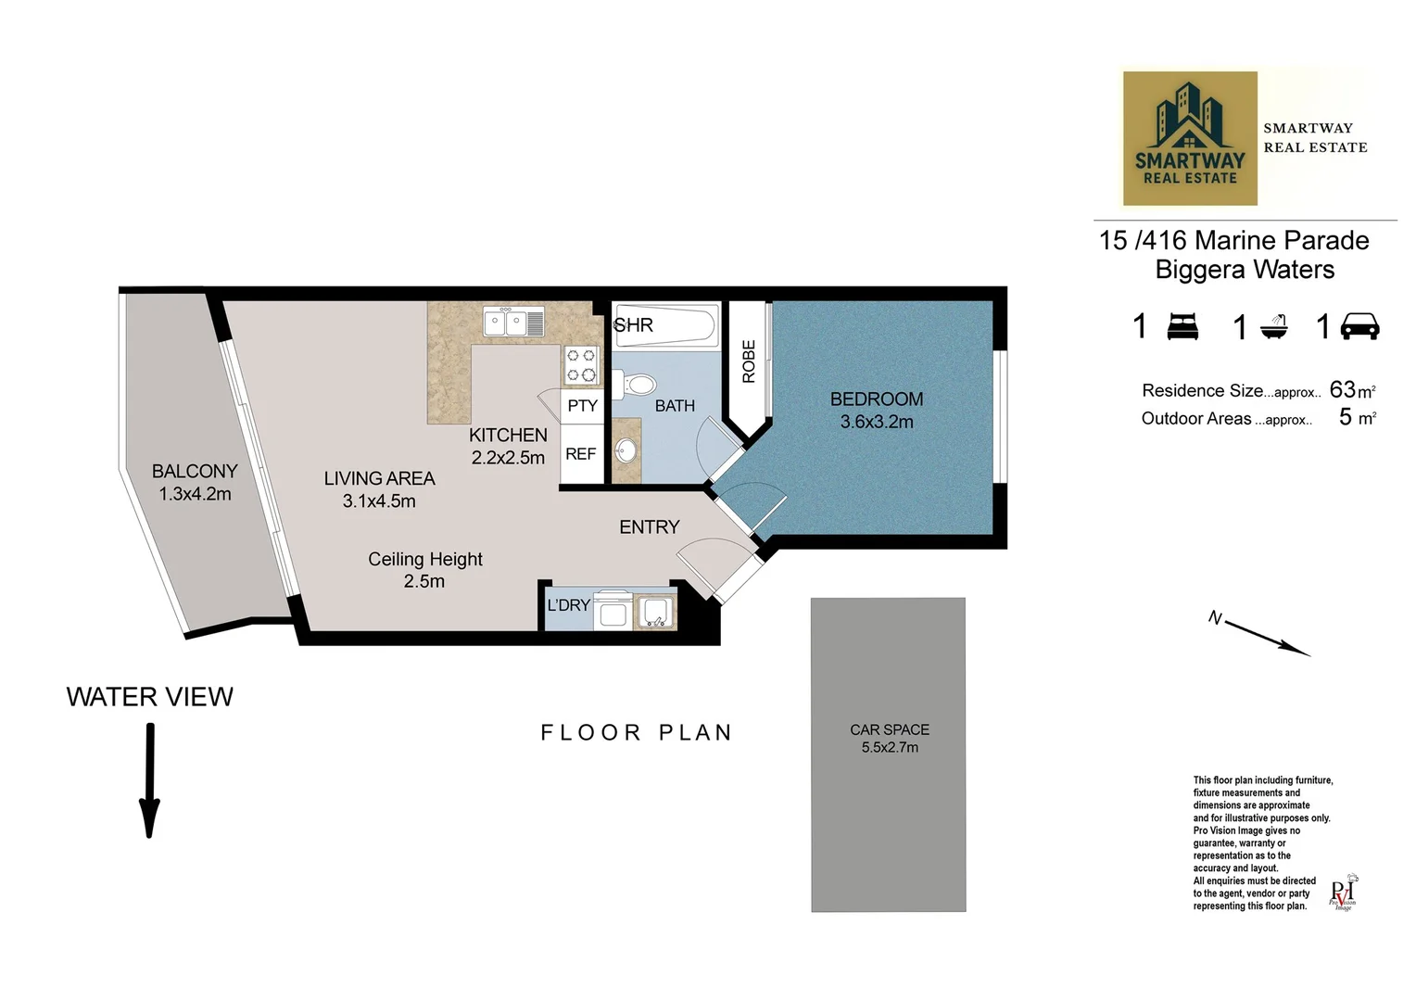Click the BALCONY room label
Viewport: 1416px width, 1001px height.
coord(195,472)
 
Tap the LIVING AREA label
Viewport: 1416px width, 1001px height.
coord(379,479)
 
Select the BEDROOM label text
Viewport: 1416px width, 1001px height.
coord(876,399)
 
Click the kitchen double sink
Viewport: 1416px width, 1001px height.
coord(513,323)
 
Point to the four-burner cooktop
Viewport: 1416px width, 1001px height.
coord(581,365)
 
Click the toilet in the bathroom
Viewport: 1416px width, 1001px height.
coord(635,383)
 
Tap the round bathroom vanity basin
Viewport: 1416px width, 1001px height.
coord(627,451)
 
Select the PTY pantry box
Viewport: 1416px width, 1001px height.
coord(582,406)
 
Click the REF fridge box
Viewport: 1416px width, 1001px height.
coord(581,454)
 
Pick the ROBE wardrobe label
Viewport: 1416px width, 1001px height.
coord(749,361)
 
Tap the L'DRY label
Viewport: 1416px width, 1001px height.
coord(568,605)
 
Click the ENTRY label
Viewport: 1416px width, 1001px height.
coord(649,527)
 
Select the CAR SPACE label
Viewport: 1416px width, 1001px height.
coord(889,730)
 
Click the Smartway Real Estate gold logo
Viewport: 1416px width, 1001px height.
coord(1190,138)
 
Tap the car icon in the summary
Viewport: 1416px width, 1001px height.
coord(1359,327)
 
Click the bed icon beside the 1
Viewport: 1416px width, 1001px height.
coord(1182,327)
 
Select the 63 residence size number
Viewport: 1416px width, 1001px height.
coord(1342,390)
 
